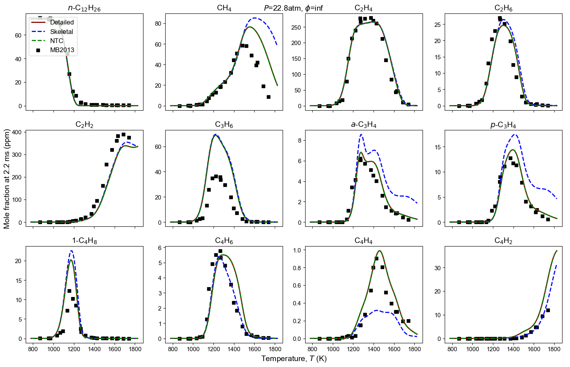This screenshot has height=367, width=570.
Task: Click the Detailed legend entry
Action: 53,23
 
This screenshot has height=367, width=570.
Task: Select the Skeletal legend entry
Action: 52,32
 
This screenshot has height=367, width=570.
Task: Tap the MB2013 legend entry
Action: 53,50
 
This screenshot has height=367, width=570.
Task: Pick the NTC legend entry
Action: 47,41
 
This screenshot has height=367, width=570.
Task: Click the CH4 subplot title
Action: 224,8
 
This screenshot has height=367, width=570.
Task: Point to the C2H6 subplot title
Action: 503,8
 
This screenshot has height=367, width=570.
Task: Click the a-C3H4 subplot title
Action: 364,124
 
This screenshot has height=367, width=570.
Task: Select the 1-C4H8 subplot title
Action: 85,241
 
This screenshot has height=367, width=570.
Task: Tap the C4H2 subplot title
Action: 503,241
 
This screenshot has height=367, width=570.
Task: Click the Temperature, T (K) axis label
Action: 294,359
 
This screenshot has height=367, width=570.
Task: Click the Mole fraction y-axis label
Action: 7,179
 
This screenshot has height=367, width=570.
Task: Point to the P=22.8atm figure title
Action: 293,8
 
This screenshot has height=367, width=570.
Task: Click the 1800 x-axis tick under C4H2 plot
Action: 554,349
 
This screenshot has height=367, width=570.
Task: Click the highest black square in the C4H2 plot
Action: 548,310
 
